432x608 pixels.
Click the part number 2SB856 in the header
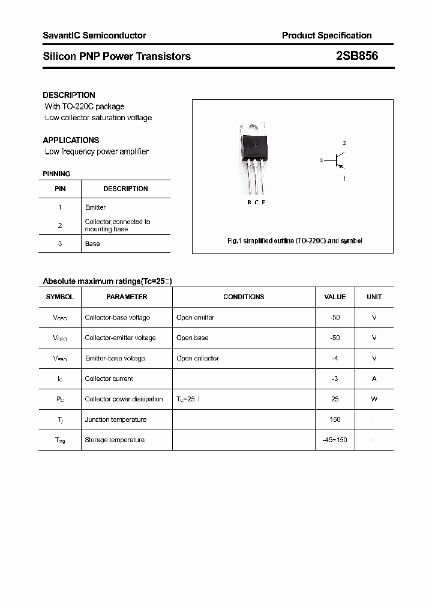(357, 56)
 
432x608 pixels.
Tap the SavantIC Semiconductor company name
(94, 35)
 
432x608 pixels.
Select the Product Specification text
(326, 35)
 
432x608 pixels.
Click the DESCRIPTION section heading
(69, 95)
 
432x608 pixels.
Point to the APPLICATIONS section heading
(71, 140)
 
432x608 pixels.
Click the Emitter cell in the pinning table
(95, 207)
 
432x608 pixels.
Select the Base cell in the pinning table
(92, 243)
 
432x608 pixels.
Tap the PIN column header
(60, 189)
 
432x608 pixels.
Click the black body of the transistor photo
(253, 146)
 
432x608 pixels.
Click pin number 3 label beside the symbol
(322, 160)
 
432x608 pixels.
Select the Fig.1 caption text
(295, 241)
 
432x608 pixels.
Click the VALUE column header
(335, 297)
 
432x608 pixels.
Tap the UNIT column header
(374, 297)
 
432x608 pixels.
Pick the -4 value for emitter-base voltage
(335, 358)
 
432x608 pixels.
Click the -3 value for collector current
(335, 378)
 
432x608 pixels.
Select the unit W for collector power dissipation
(374, 399)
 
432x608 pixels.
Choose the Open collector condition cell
(197, 358)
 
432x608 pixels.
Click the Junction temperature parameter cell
(116, 419)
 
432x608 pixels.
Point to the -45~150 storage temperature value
(335, 440)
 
